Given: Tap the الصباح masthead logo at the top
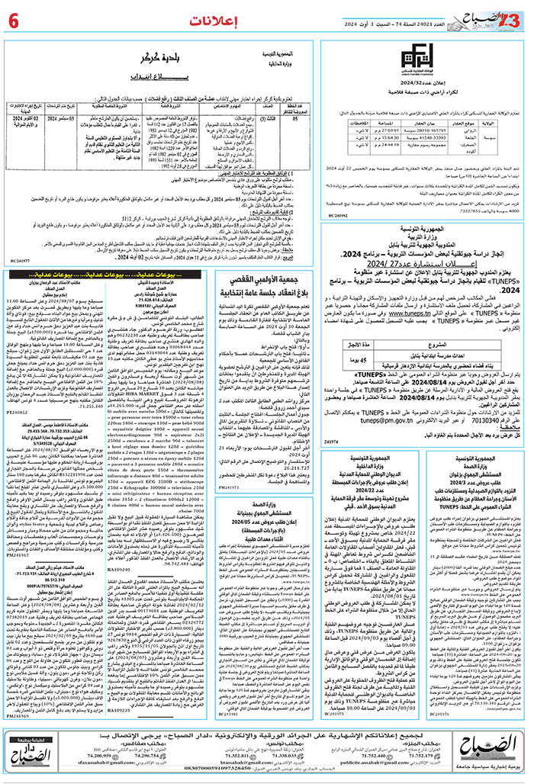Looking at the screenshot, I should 498,16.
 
